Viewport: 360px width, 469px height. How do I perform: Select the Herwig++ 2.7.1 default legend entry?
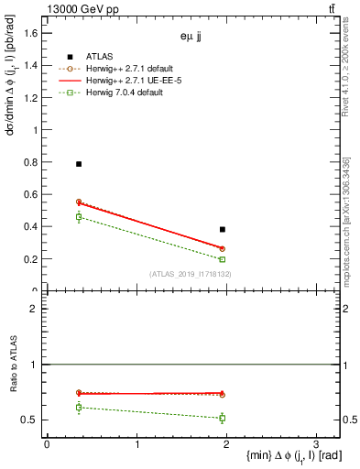tap(136, 69)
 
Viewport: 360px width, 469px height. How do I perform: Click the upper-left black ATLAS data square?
tap(79, 164)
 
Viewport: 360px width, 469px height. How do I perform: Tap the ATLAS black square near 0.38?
tap(223, 229)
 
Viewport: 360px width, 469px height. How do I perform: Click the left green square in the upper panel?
tap(79, 217)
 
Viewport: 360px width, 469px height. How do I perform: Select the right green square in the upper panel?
tap(223, 259)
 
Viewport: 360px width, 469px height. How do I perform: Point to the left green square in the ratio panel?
tap(79, 407)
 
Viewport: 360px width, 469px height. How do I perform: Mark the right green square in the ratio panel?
tap(223, 418)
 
